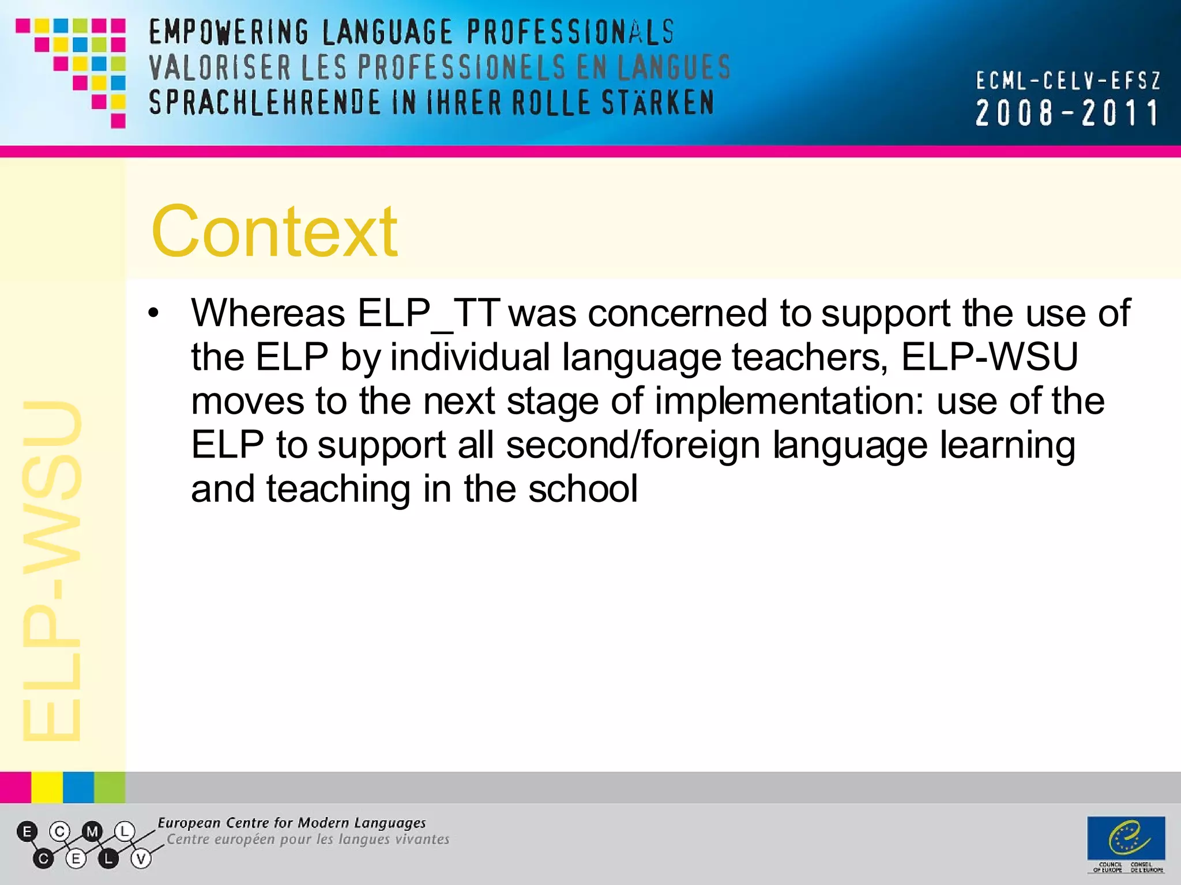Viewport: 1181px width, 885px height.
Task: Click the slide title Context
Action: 274,232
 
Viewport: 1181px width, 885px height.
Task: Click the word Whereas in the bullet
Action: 268,314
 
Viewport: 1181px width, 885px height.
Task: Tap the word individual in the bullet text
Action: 470,358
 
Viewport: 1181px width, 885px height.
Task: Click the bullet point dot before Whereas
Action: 153,314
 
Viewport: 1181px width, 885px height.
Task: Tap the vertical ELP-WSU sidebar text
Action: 52,570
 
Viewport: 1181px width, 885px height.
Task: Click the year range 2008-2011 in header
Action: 1067,113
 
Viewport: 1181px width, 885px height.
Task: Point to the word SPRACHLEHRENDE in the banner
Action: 265,103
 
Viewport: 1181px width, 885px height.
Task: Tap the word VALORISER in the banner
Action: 220,67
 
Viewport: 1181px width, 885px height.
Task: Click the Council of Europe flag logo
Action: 1126,838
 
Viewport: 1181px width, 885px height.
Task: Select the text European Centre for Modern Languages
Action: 292,823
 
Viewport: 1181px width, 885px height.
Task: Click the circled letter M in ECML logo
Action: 92,832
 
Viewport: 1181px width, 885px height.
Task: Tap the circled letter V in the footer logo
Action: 141,859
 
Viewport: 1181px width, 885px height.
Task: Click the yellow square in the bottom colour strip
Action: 47,788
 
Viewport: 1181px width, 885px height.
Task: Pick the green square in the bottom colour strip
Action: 110,788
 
